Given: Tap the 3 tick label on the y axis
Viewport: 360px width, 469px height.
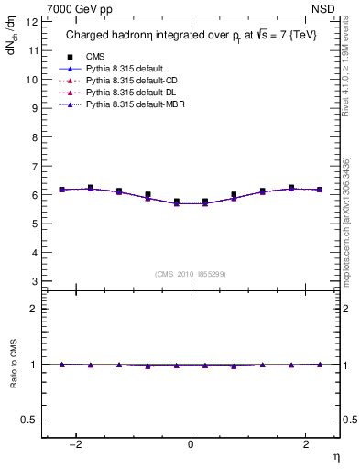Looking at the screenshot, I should point(33,281).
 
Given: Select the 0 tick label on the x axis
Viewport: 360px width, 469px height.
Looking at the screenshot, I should point(191,446).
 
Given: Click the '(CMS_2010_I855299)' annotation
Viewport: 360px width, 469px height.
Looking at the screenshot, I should point(191,273).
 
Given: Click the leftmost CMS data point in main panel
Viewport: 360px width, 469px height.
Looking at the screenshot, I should point(61,190).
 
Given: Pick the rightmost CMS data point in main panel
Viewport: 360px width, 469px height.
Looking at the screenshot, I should point(320,190).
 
